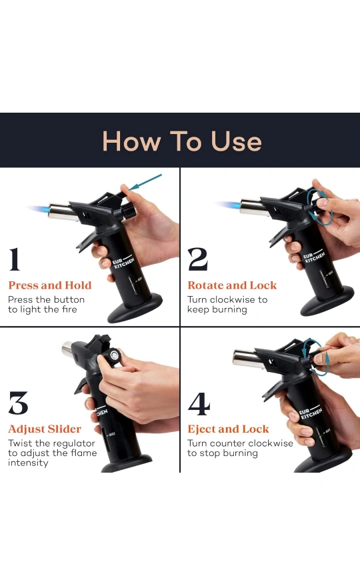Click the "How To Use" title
(x=182, y=141)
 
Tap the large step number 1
(x=14, y=259)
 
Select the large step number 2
(x=197, y=259)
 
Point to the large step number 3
(x=18, y=403)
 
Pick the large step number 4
(x=199, y=403)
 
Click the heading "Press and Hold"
(x=50, y=285)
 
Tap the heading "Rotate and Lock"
(x=232, y=285)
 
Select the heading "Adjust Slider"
(x=45, y=429)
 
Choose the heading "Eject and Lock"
(x=228, y=429)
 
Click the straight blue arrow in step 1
(x=145, y=182)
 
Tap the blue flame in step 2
(x=228, y=205)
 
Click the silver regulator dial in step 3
(x=115, y=355)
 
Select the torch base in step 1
(x=135, y=309)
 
